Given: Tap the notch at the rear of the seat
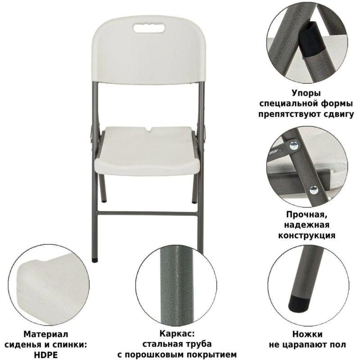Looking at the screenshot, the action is (148, 130).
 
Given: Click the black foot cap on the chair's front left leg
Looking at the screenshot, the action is (94, 261).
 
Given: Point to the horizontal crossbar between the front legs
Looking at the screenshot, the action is (148, 213).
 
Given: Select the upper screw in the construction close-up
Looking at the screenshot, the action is (294, 145).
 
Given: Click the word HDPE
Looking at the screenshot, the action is (46, 355).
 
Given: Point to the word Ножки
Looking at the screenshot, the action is (307, 334).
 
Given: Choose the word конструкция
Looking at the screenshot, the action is (306, 235).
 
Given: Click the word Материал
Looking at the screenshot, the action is (46, 334).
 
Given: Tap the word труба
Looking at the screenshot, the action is (199, 344).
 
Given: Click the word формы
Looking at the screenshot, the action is (337, 104).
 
